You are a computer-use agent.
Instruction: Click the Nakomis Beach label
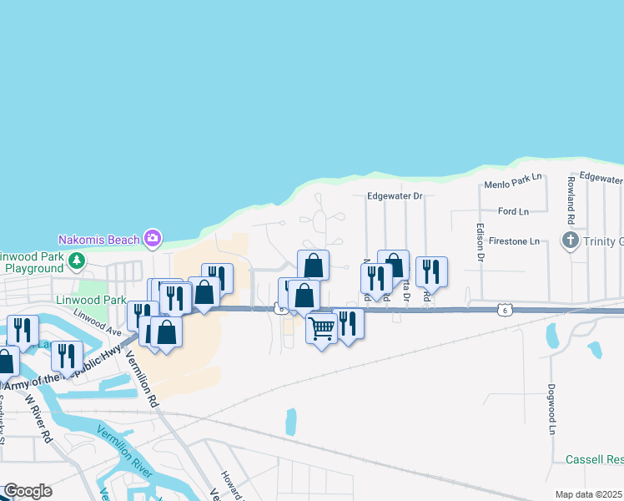point(98,240)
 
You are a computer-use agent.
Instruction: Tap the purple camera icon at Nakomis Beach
point(152,239)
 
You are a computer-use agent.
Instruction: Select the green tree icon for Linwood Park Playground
point(77,261)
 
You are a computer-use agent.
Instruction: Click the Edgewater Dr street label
point(395,196)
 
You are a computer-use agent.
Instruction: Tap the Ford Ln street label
point(513,212)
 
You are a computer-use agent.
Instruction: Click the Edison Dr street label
point(481,242)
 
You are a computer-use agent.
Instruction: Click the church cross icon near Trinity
point(570,241)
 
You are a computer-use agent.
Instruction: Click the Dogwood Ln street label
point(552,409)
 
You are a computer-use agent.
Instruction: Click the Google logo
point(28,491)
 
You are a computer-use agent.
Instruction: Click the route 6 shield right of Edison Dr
point(503,311)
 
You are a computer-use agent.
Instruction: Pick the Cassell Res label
point(594,460)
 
